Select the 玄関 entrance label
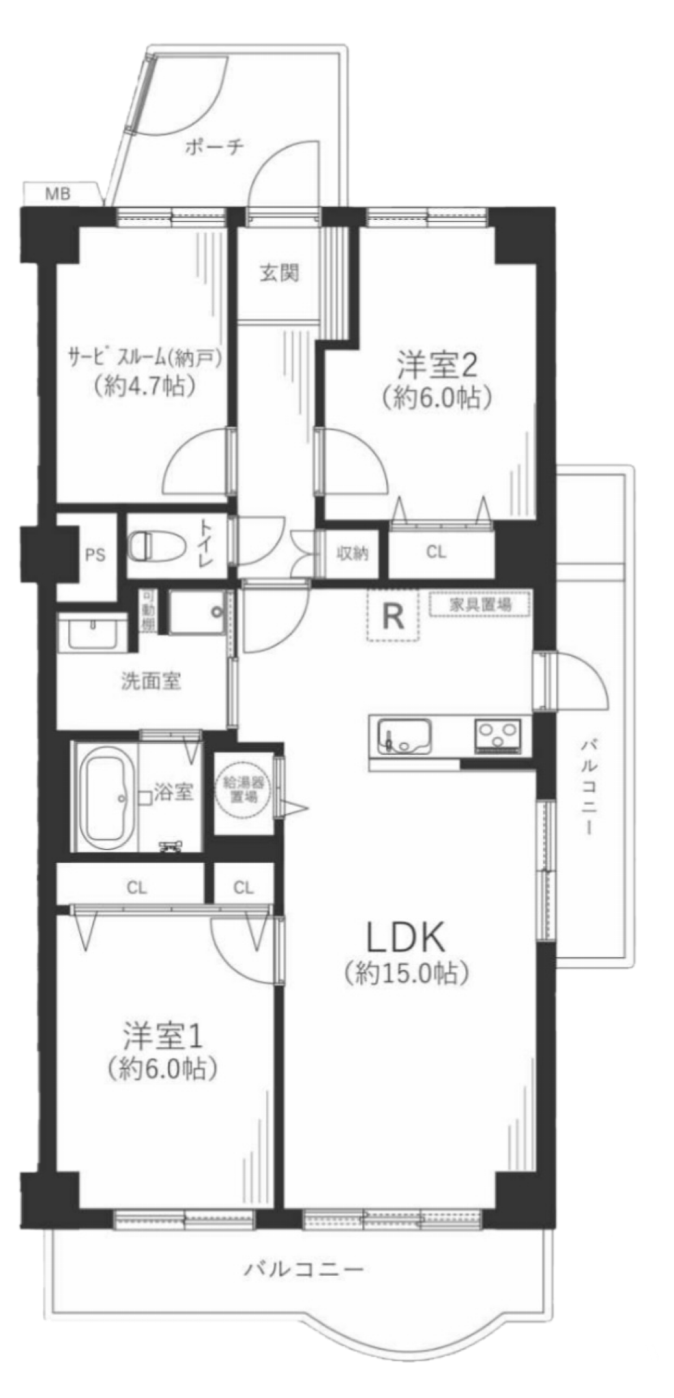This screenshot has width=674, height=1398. pyautogui.click(x=279, y=273)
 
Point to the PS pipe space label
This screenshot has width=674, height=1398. pyautogui.click(x=96, y=555)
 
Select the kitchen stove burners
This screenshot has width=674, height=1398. pyautogui.click(x=497, y=735)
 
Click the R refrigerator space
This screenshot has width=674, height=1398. pyautogui.click(x=392, y=616)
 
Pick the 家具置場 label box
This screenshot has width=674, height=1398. pyautogui.click(x=480, y=603)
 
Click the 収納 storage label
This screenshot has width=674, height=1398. pyautogui.click(x=352, y=553)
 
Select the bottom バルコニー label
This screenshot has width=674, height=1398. pyautogui.click(x=304, y=1269)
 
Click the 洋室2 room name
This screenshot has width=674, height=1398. pyautogui.click(x=437, y=367)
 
